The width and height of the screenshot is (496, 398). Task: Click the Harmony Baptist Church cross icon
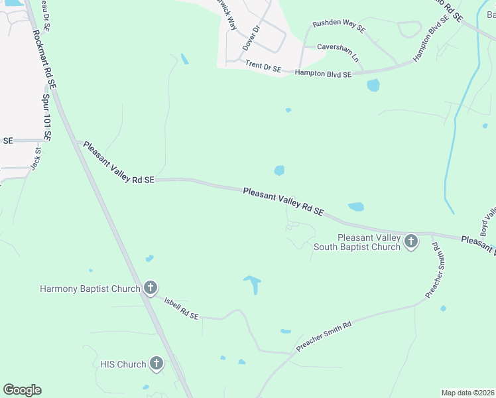(151, 288)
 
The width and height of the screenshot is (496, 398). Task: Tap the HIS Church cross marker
(156, 363)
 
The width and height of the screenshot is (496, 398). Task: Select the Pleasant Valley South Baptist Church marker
(411, 241)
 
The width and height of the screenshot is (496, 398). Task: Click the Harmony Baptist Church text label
(90, 289)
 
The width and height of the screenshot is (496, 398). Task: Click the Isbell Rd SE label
(181, 308)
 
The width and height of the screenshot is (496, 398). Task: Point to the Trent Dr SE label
(263, 66)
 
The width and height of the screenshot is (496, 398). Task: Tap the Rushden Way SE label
(339, 28)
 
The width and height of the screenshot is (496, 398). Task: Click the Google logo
(22, 390)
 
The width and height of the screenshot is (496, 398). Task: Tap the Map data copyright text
(468, 393)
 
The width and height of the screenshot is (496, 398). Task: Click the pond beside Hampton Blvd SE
(373, 85)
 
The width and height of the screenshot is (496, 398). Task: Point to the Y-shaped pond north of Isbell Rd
(253, 285)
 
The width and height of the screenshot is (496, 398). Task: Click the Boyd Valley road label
(487, 222)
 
